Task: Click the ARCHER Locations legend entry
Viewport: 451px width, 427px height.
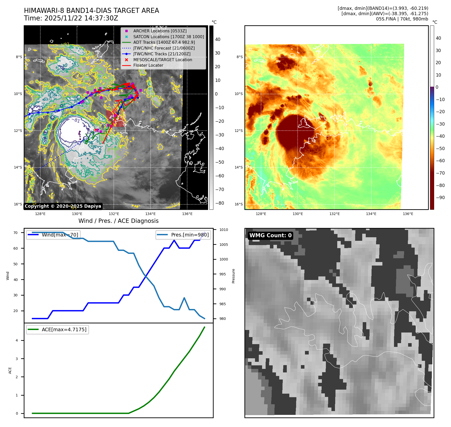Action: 160,31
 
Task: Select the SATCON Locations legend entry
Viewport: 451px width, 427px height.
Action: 168,37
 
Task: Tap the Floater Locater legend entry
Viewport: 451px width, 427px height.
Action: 148,65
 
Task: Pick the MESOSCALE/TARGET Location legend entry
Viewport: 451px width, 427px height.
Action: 162,60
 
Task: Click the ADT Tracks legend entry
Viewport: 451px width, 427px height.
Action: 164,42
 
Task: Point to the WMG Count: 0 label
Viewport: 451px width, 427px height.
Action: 270,235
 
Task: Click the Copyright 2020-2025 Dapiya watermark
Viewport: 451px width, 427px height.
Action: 63,206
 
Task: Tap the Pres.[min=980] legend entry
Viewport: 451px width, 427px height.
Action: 183,235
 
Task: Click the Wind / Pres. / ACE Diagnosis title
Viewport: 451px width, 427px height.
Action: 119,221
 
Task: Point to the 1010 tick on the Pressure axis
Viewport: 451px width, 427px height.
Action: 223,230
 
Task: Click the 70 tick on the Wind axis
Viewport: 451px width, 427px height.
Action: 16,233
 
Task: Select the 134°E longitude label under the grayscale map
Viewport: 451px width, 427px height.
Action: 151,214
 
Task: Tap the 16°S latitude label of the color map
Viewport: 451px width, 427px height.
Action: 239,204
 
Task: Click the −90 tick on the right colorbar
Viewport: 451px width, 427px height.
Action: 440,198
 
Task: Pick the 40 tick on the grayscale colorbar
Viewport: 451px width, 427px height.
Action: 218,39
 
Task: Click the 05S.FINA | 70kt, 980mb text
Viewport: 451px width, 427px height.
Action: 402,19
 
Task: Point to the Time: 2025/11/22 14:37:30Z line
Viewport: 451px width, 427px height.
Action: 71,18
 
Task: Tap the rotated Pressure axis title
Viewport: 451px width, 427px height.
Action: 233,276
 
